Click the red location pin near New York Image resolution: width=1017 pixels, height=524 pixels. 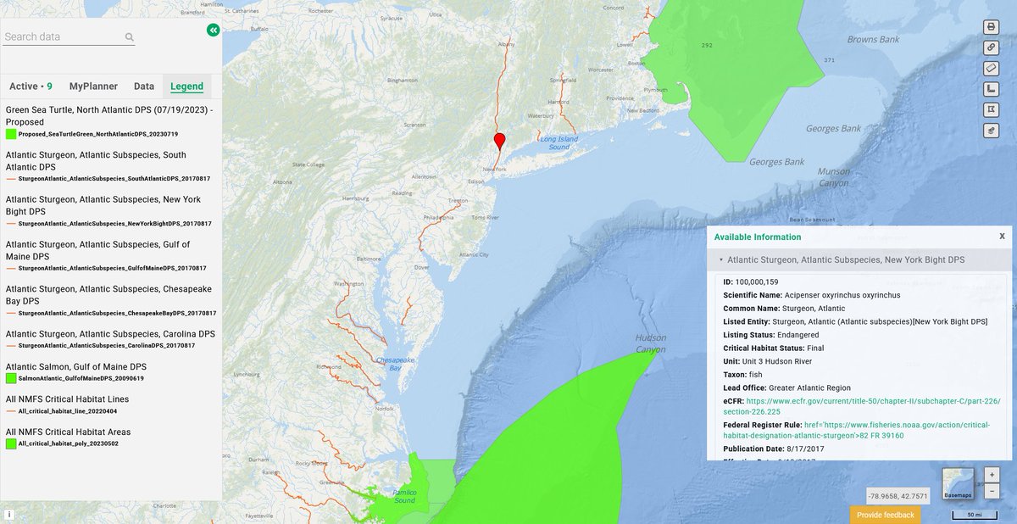coord(500,142)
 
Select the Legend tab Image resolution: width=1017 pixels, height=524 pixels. coord(186,86)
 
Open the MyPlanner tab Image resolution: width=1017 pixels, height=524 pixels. coord(93,86)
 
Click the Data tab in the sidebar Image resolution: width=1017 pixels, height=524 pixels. coord(144,86)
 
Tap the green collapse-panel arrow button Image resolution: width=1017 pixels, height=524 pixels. coord(213,30)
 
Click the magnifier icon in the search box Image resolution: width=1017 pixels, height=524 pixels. coord(130,37)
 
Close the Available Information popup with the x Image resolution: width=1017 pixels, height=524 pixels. coord(1002,237)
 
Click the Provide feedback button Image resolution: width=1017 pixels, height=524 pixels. coord(885,515)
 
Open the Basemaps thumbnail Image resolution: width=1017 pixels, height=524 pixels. coord(959,483)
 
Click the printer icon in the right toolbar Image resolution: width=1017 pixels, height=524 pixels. coord(991,27)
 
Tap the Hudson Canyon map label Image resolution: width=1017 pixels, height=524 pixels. coord(651,343)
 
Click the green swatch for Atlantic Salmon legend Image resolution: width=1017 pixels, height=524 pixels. coord(11,378)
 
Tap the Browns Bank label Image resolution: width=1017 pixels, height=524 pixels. coord(873,40)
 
